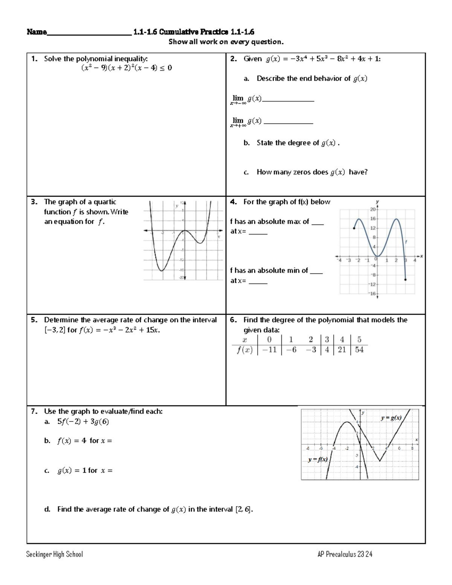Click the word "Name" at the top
37,32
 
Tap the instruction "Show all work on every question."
226,42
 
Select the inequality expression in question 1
127,68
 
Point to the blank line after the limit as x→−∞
288,100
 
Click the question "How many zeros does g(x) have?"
312,172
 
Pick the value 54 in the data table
359,350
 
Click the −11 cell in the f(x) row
269,350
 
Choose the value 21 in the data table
342,350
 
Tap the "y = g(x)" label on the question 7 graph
391,418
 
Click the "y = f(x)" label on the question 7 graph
318,460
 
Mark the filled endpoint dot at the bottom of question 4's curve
405,280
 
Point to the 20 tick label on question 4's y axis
373,209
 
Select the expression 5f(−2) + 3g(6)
83,422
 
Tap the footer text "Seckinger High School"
55,554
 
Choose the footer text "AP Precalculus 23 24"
345,554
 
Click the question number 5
34,320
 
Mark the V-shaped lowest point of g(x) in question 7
380,461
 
